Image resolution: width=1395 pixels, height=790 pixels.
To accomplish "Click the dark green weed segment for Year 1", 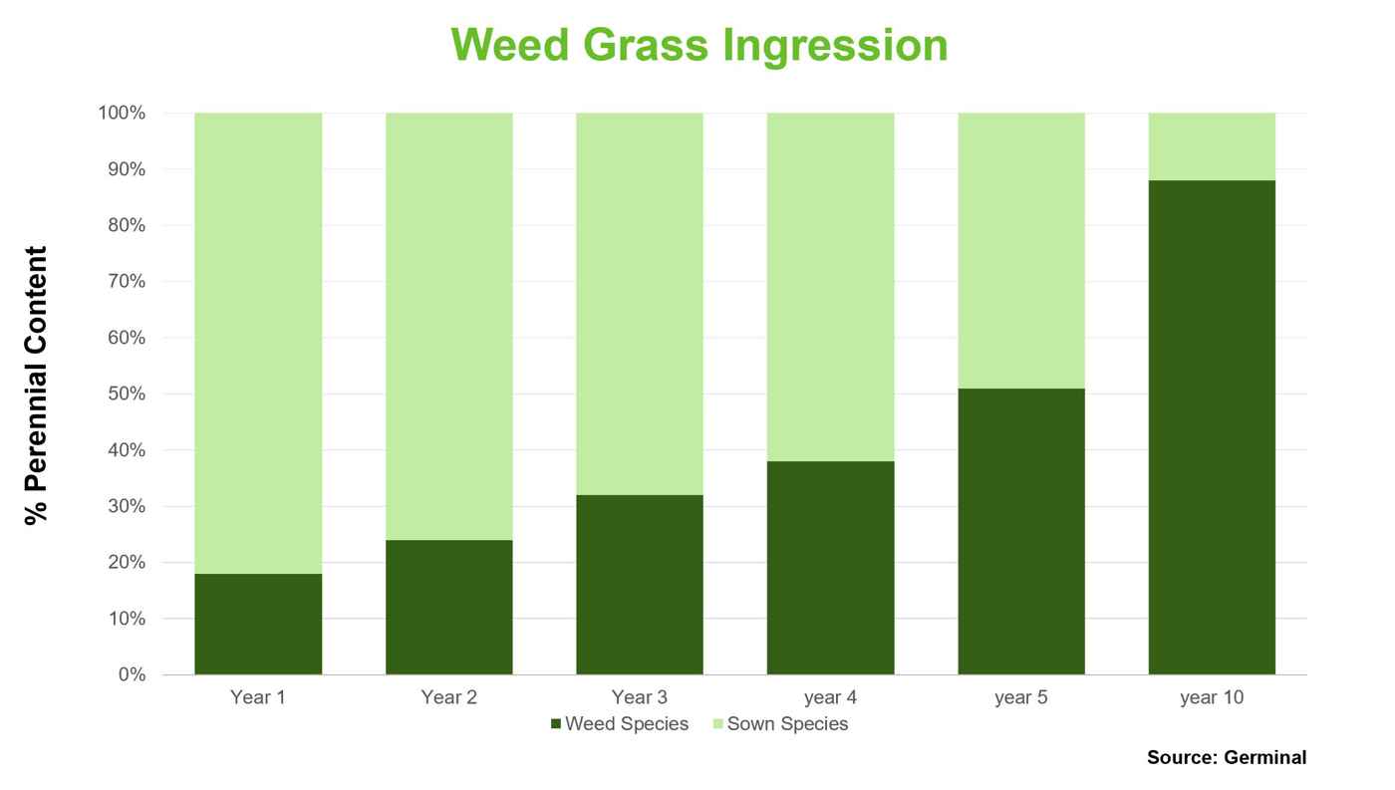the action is click(x=258, y=624).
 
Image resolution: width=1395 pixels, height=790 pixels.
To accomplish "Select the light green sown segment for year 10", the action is click(x=1212, y=146).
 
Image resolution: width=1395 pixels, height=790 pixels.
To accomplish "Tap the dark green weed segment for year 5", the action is click(x=1021, y=531).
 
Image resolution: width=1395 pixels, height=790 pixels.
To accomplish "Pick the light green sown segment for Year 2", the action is click(x=449, y=326).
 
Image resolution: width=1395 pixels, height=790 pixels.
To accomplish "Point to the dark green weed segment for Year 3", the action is click(x=640, y=585).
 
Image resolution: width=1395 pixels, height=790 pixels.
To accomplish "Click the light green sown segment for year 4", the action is click(x=831, y=287).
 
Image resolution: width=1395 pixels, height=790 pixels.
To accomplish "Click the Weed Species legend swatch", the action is click(x=556, y=723).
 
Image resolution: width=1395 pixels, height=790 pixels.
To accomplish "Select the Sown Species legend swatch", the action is click(x=718, y=723).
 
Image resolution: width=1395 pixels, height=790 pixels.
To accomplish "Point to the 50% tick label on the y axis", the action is click(x=127, y=394).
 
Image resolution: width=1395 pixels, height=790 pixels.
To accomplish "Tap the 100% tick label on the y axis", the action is click(x=122, y=113).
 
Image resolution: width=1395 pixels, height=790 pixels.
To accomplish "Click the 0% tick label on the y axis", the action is click(x=132, y=674).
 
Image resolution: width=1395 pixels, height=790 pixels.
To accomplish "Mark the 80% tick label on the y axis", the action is click(x=127, y=225).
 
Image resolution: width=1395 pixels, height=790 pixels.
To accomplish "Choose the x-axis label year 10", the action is click(x=1212, y=698).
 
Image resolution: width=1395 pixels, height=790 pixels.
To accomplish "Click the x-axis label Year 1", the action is click(x=258, y=697).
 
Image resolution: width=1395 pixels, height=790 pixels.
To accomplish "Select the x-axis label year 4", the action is click(x=831, y=698).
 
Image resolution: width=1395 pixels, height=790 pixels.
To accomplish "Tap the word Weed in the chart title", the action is click(x=510, y=45).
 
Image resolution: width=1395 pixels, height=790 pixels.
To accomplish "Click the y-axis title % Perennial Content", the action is click(x=36, y=386).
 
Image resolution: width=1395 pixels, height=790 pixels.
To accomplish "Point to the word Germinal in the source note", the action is click(x=1264, y=757).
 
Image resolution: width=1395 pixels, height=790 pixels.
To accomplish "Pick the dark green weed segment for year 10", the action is click(x=1212, y=427).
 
